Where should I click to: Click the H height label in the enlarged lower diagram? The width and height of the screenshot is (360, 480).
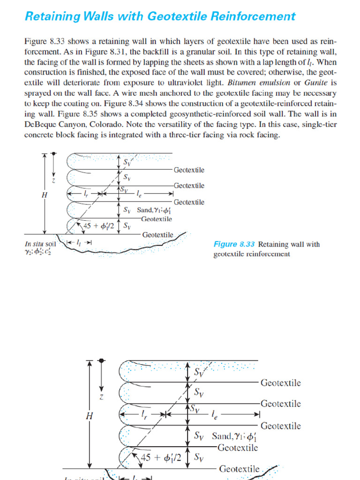90,416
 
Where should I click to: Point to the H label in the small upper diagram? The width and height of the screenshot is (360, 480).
45,195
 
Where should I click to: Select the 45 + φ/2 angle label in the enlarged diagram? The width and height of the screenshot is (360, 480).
161,458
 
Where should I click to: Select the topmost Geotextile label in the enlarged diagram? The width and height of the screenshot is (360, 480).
280,383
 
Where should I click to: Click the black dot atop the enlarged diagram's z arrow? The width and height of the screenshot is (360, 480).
101,361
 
